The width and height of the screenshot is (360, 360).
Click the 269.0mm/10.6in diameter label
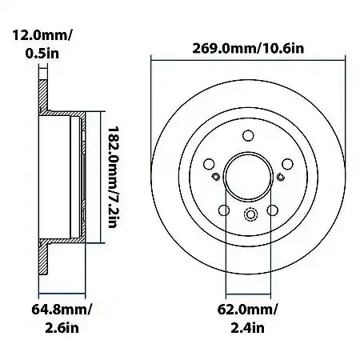(248, 49)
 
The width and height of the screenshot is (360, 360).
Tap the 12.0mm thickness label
(42, 35)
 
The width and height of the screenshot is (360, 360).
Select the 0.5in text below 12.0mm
(42, 54)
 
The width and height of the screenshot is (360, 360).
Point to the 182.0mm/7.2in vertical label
(113, 177)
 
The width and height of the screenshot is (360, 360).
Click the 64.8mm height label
(62, 310)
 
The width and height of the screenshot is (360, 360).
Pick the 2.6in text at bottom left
(62, 328)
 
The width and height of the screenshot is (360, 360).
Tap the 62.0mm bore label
(247, 310)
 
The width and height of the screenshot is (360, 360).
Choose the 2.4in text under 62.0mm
(247, 328)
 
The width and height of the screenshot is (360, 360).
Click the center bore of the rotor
(248, 177)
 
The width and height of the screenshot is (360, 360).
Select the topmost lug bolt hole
(248, 135)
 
